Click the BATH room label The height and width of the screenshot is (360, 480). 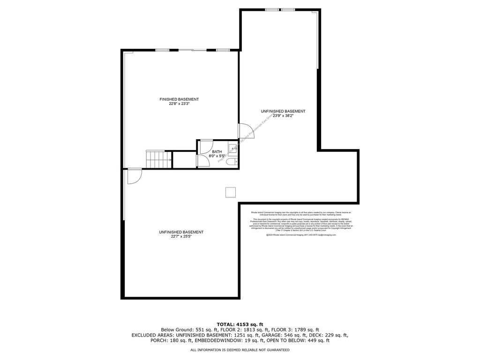pyautogui.click(x=217, y=152)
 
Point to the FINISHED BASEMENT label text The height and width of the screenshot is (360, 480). pyautogui.click(x=179, y=99)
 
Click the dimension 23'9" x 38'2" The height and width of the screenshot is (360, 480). pyautogui.click(x=283, y=116)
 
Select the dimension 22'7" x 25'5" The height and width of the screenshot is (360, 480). pyautogui.click(x=181, y=237)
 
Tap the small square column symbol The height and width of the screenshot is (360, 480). pyautogui.click(x=230, y=192)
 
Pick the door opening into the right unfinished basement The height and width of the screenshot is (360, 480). pyautogui.click(x=244, y=131)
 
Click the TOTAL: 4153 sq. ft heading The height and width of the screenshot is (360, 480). pyautogui.click(x=240, y=324)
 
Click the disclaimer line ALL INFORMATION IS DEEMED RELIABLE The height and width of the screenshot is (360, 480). pyautogui.click(x=240, y=350)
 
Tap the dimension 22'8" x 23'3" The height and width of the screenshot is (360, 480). pyautogui.click(x=179, y=104)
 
